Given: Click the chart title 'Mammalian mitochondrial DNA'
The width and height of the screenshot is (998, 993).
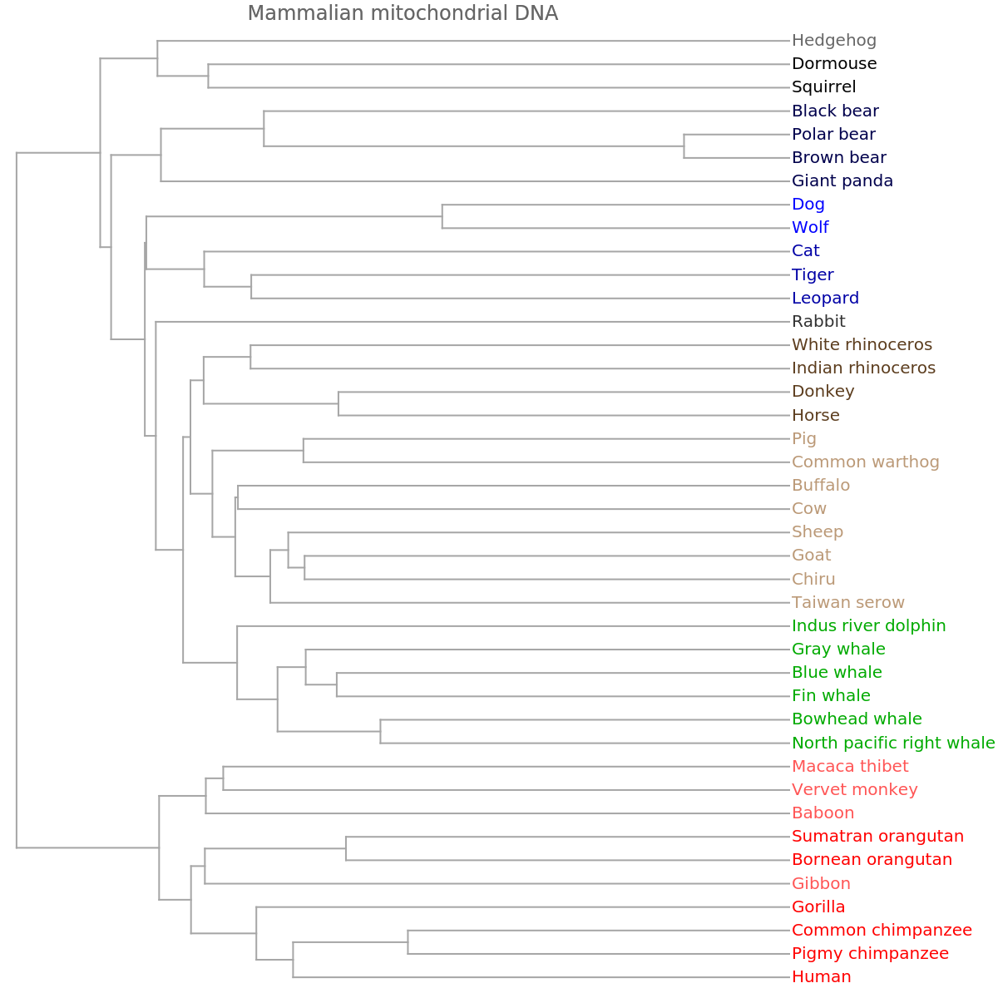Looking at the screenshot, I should pyautogui.click(x=403, y=13).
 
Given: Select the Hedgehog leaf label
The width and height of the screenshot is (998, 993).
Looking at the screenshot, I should pyautogui.click(x=833, y=40).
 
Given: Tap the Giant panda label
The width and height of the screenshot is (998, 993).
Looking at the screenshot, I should pyautogui.click(x=842, y=180).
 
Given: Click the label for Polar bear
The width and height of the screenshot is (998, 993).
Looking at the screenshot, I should pyautogui.click(x=833, y=134).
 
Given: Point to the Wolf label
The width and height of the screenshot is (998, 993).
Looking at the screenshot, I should pyautogui.click(x=810, y=227).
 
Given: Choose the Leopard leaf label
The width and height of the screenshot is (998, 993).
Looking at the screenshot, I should pyautogui.click(x=825, y=298).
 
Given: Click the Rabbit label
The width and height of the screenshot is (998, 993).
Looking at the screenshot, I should pyautogui.click(x=818, y=321).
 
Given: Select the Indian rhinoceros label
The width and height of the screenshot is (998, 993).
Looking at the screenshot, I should pyautogui.click(x=863, y=368).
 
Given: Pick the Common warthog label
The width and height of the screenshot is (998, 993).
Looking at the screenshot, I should pyautogui.click(x=865, y=462).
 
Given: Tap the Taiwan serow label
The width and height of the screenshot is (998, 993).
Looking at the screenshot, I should pyautogui.click(x=847, y=602).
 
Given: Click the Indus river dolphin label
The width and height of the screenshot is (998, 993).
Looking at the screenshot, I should pyautogui.click(x=868, y=625).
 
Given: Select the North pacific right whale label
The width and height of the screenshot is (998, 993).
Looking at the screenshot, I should pyautogui.click(x=892, y=743).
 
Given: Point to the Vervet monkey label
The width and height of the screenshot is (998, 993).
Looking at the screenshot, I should pyautogui.click(x=854, y=789).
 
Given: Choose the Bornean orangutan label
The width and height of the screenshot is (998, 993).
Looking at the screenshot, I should pyautogui.click(x=872, y=859).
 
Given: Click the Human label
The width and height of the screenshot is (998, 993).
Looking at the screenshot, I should pyautogui.click(x=821, y=976).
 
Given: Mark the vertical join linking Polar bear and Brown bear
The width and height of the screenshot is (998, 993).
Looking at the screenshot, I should pyautogui.click(x=684, y=146).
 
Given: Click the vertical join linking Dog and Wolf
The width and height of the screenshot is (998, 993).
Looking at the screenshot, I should pyautogui.click(x=442, y=216).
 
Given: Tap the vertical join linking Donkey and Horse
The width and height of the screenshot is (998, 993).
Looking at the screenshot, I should pyautogui.click(x=338, y=403).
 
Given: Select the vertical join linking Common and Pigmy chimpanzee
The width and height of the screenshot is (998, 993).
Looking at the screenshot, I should pyautogui.click(x=408, y=941).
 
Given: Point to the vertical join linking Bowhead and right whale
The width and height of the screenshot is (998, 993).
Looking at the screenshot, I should pyautogui.click(x=380, y=731).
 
